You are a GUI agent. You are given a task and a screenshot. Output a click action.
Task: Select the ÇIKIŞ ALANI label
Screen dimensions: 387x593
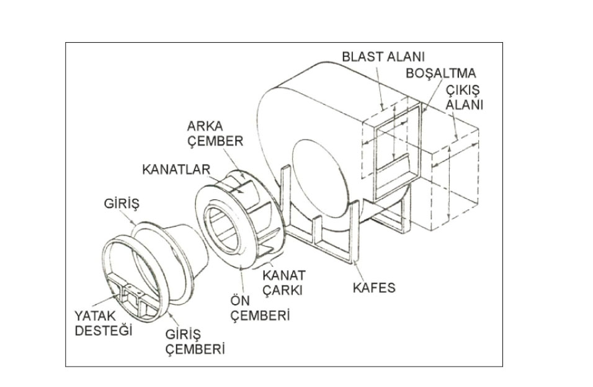[464, 97]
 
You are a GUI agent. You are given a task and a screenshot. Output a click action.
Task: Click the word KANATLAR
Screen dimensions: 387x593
[176, 168]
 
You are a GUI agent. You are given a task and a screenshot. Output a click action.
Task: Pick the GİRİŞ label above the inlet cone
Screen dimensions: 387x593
[120, 204]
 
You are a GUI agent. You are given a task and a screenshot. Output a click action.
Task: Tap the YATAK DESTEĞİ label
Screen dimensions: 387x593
[104, 323]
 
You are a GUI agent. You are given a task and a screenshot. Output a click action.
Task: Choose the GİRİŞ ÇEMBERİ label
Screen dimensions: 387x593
[195, 341]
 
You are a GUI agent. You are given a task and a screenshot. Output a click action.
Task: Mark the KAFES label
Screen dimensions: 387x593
[372, 288]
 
